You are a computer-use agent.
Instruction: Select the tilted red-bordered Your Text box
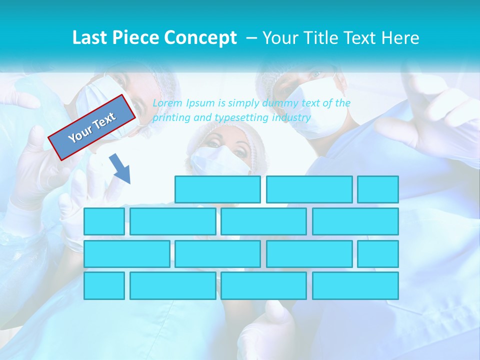(x=92, y=127)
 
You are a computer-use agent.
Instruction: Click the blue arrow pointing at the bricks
(x=120, y=168)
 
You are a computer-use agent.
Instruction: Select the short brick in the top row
(x=378, y=189)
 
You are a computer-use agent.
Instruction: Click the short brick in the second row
(x=104, y=221)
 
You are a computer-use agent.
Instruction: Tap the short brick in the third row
(x=378, y=254)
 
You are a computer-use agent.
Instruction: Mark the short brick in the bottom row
(x=104, y=286)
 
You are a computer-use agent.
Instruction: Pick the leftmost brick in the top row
(x=217, y=189)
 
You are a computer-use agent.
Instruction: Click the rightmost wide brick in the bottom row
(x=355, y=286)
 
